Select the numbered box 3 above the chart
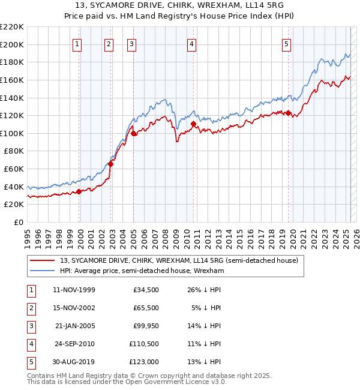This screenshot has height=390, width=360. (x=131, y=43)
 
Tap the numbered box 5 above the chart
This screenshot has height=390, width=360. (x=287, y=43)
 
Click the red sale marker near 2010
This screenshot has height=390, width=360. (x=194, y=124)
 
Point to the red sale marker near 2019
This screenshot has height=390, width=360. (x=289, y=113)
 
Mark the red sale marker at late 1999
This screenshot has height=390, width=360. (x=79, y=192)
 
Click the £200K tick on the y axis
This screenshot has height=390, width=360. (x=13, y=44)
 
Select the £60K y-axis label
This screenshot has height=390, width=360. (x=15, y=169)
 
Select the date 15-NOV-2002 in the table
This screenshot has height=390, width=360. (x=74, y=308)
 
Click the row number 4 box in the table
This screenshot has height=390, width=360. (x=31, y=344)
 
